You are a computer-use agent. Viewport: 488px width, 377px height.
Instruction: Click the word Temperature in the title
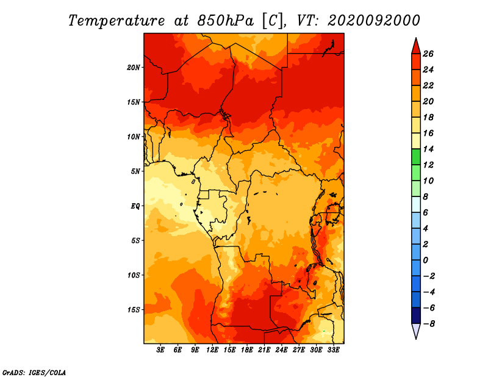coord(117,21)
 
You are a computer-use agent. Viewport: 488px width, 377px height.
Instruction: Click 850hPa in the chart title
coord(225,21)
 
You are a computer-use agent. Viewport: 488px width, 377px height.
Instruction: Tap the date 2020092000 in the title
coord(374,21)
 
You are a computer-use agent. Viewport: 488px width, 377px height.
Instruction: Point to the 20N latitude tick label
coord(134,68)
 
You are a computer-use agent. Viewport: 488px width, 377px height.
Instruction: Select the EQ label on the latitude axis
coord(135,206)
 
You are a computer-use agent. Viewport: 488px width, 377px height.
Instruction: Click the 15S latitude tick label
coord(134,310)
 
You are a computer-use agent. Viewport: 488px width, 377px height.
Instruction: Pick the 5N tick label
coord(135,171)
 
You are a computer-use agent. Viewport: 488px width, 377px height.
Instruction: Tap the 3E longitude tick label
coord(160,350)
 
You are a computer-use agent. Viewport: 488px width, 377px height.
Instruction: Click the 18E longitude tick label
coord(247,350)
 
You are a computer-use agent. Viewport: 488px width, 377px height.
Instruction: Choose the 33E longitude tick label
coord(333,350)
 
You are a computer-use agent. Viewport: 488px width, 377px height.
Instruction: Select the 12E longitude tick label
coord(212,350)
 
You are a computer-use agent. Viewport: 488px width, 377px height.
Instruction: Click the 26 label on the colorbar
coord(428,54)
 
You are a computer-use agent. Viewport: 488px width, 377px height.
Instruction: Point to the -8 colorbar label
coord(429,324)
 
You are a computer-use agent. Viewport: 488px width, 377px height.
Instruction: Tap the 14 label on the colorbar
coord(428,149)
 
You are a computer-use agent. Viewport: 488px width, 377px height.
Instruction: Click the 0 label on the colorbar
coord(425,260)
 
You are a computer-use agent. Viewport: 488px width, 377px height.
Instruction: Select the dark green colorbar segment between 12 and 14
coord(416,157)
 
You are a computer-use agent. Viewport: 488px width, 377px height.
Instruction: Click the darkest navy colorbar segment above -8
coord(416,315)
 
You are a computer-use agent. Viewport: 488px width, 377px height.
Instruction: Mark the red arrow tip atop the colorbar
coord(416,38)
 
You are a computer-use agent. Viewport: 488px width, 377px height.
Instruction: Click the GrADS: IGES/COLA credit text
coord(34,373)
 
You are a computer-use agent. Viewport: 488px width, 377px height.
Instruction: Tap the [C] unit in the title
coord(273,21)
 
